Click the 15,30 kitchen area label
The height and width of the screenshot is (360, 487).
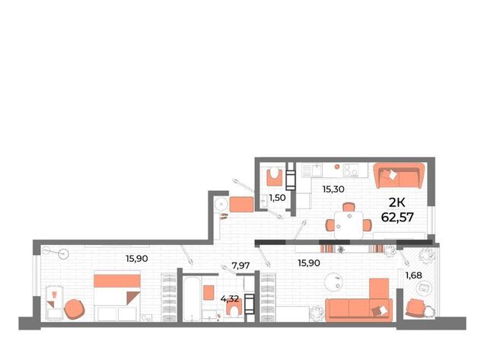point(333,189)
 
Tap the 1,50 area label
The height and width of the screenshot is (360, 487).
point(277,198)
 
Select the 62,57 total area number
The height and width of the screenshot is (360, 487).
point(397,217)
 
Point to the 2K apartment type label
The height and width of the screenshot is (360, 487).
point(397,202)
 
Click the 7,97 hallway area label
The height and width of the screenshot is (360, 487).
point(240,266)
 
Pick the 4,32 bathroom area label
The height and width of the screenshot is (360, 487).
point(230,299)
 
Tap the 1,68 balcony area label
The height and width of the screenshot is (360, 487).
point(414,275)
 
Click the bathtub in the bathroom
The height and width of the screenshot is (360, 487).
point(191,299)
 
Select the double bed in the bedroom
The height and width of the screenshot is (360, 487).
point(117,295)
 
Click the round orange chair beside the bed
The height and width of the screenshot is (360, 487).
point(75,309)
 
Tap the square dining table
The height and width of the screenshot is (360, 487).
point(349,225)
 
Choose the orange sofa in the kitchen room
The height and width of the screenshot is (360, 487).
point(399,176)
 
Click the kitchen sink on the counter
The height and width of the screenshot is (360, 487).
point(317,170)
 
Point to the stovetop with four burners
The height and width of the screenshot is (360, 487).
point(351,170)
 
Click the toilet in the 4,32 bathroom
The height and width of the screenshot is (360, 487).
point(234,308)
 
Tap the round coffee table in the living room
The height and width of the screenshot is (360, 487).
point(333,282)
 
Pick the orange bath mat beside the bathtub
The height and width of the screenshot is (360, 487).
point(208,292)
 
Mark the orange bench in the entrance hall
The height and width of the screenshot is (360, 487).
point(241,205)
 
